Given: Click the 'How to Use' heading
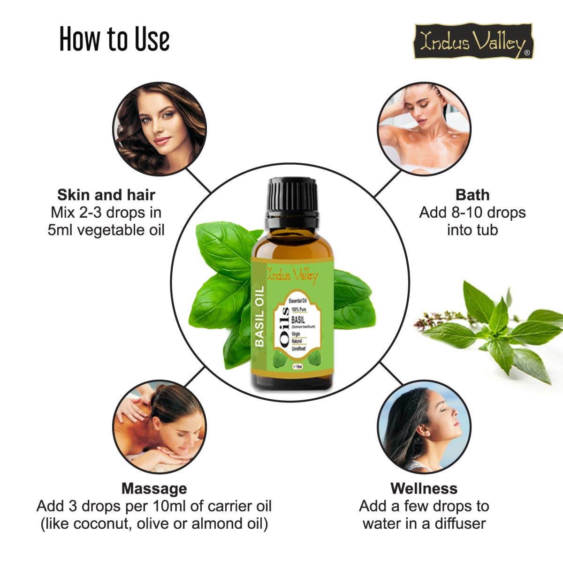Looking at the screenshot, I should [114, 39].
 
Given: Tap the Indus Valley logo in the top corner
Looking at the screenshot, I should [473, 42].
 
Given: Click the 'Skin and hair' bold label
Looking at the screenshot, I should [106, 195].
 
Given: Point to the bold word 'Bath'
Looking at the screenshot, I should [472, 195].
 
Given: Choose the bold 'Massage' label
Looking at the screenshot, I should [154, 488].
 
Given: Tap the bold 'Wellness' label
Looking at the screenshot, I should [424, 488].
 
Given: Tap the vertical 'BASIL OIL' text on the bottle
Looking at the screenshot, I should [259, 316].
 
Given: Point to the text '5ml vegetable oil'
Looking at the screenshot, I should [106, 230].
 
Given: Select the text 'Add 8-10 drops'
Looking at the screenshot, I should [472, 213].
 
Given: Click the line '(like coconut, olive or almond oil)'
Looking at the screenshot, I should [154, 524].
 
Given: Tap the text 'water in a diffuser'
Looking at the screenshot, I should [424, 524].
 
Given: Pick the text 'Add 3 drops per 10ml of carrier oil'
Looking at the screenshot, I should [154, 506].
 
